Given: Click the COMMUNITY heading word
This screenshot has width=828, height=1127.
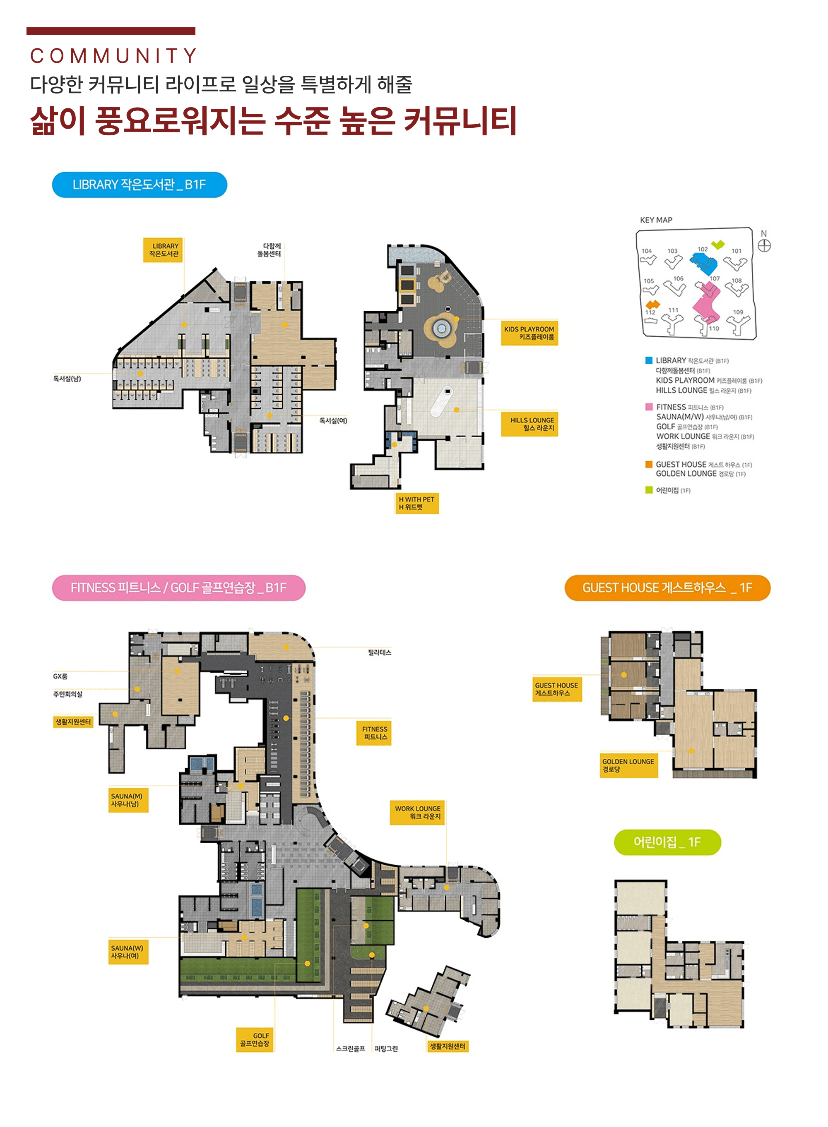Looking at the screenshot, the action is click(x=113, y=55).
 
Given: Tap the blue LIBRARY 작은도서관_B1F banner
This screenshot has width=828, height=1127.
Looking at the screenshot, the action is click(x=140, y=185).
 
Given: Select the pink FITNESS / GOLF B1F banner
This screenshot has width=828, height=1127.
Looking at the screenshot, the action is click(x=178, y=587).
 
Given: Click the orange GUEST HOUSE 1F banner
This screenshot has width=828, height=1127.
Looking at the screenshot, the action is click(x=667, y=587).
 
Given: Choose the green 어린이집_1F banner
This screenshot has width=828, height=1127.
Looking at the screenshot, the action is click(x=667, y=842).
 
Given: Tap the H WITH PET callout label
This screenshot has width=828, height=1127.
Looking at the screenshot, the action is click(x=416, y=503).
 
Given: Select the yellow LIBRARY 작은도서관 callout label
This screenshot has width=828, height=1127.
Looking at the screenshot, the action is click(x=164, y=250).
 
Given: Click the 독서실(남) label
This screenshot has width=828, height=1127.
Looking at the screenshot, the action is click(x=67, y=379).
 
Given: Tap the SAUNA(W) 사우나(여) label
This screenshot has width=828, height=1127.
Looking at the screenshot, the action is click(x=128, y=952).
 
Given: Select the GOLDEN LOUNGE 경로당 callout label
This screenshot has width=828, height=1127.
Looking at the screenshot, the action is click(x=628, y=765).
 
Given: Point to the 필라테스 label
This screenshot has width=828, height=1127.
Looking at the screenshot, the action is click(x=379, y=652).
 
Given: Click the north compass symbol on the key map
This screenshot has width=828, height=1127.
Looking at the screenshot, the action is click(x=764, y=245).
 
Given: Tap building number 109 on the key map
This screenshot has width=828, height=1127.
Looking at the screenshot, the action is click(x=738, y=312).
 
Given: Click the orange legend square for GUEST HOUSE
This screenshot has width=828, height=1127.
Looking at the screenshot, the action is click(x=649, y=464).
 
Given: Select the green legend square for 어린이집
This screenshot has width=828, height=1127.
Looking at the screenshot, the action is click(x=649, y=490).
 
